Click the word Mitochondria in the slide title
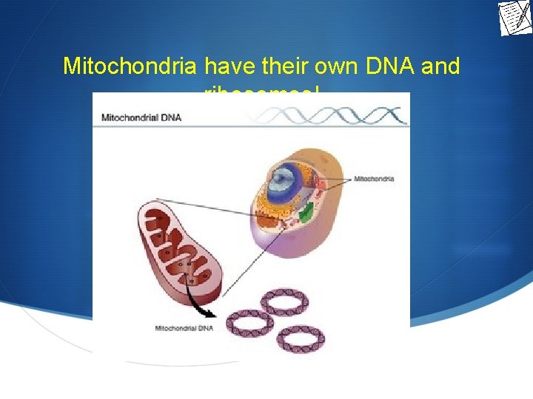(130, 66)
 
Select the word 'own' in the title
(340, 66)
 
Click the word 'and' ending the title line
(440, 66)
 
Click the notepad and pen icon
(514, 18)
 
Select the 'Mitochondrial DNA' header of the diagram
(141, 117)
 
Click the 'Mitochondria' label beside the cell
(374, 179)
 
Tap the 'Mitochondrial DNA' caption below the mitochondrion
(184, 328)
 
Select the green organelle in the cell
(306, 214)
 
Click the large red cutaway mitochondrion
(178, 244)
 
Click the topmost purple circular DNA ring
(283, 301)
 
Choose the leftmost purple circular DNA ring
(249, 324)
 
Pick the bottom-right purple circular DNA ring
(300, 337)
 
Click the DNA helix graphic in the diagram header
(333, 116)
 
